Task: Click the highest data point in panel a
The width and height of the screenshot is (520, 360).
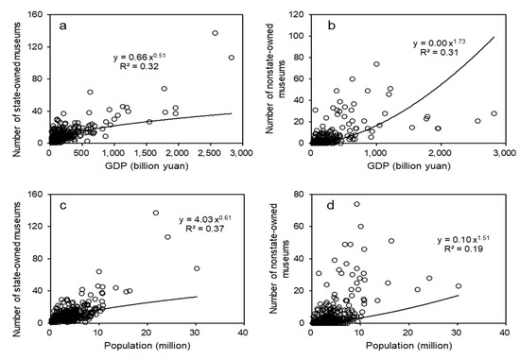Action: point(216,33)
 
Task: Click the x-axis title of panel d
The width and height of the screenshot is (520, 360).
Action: point(408,349)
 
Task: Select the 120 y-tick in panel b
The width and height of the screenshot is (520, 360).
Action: point(297,16)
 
